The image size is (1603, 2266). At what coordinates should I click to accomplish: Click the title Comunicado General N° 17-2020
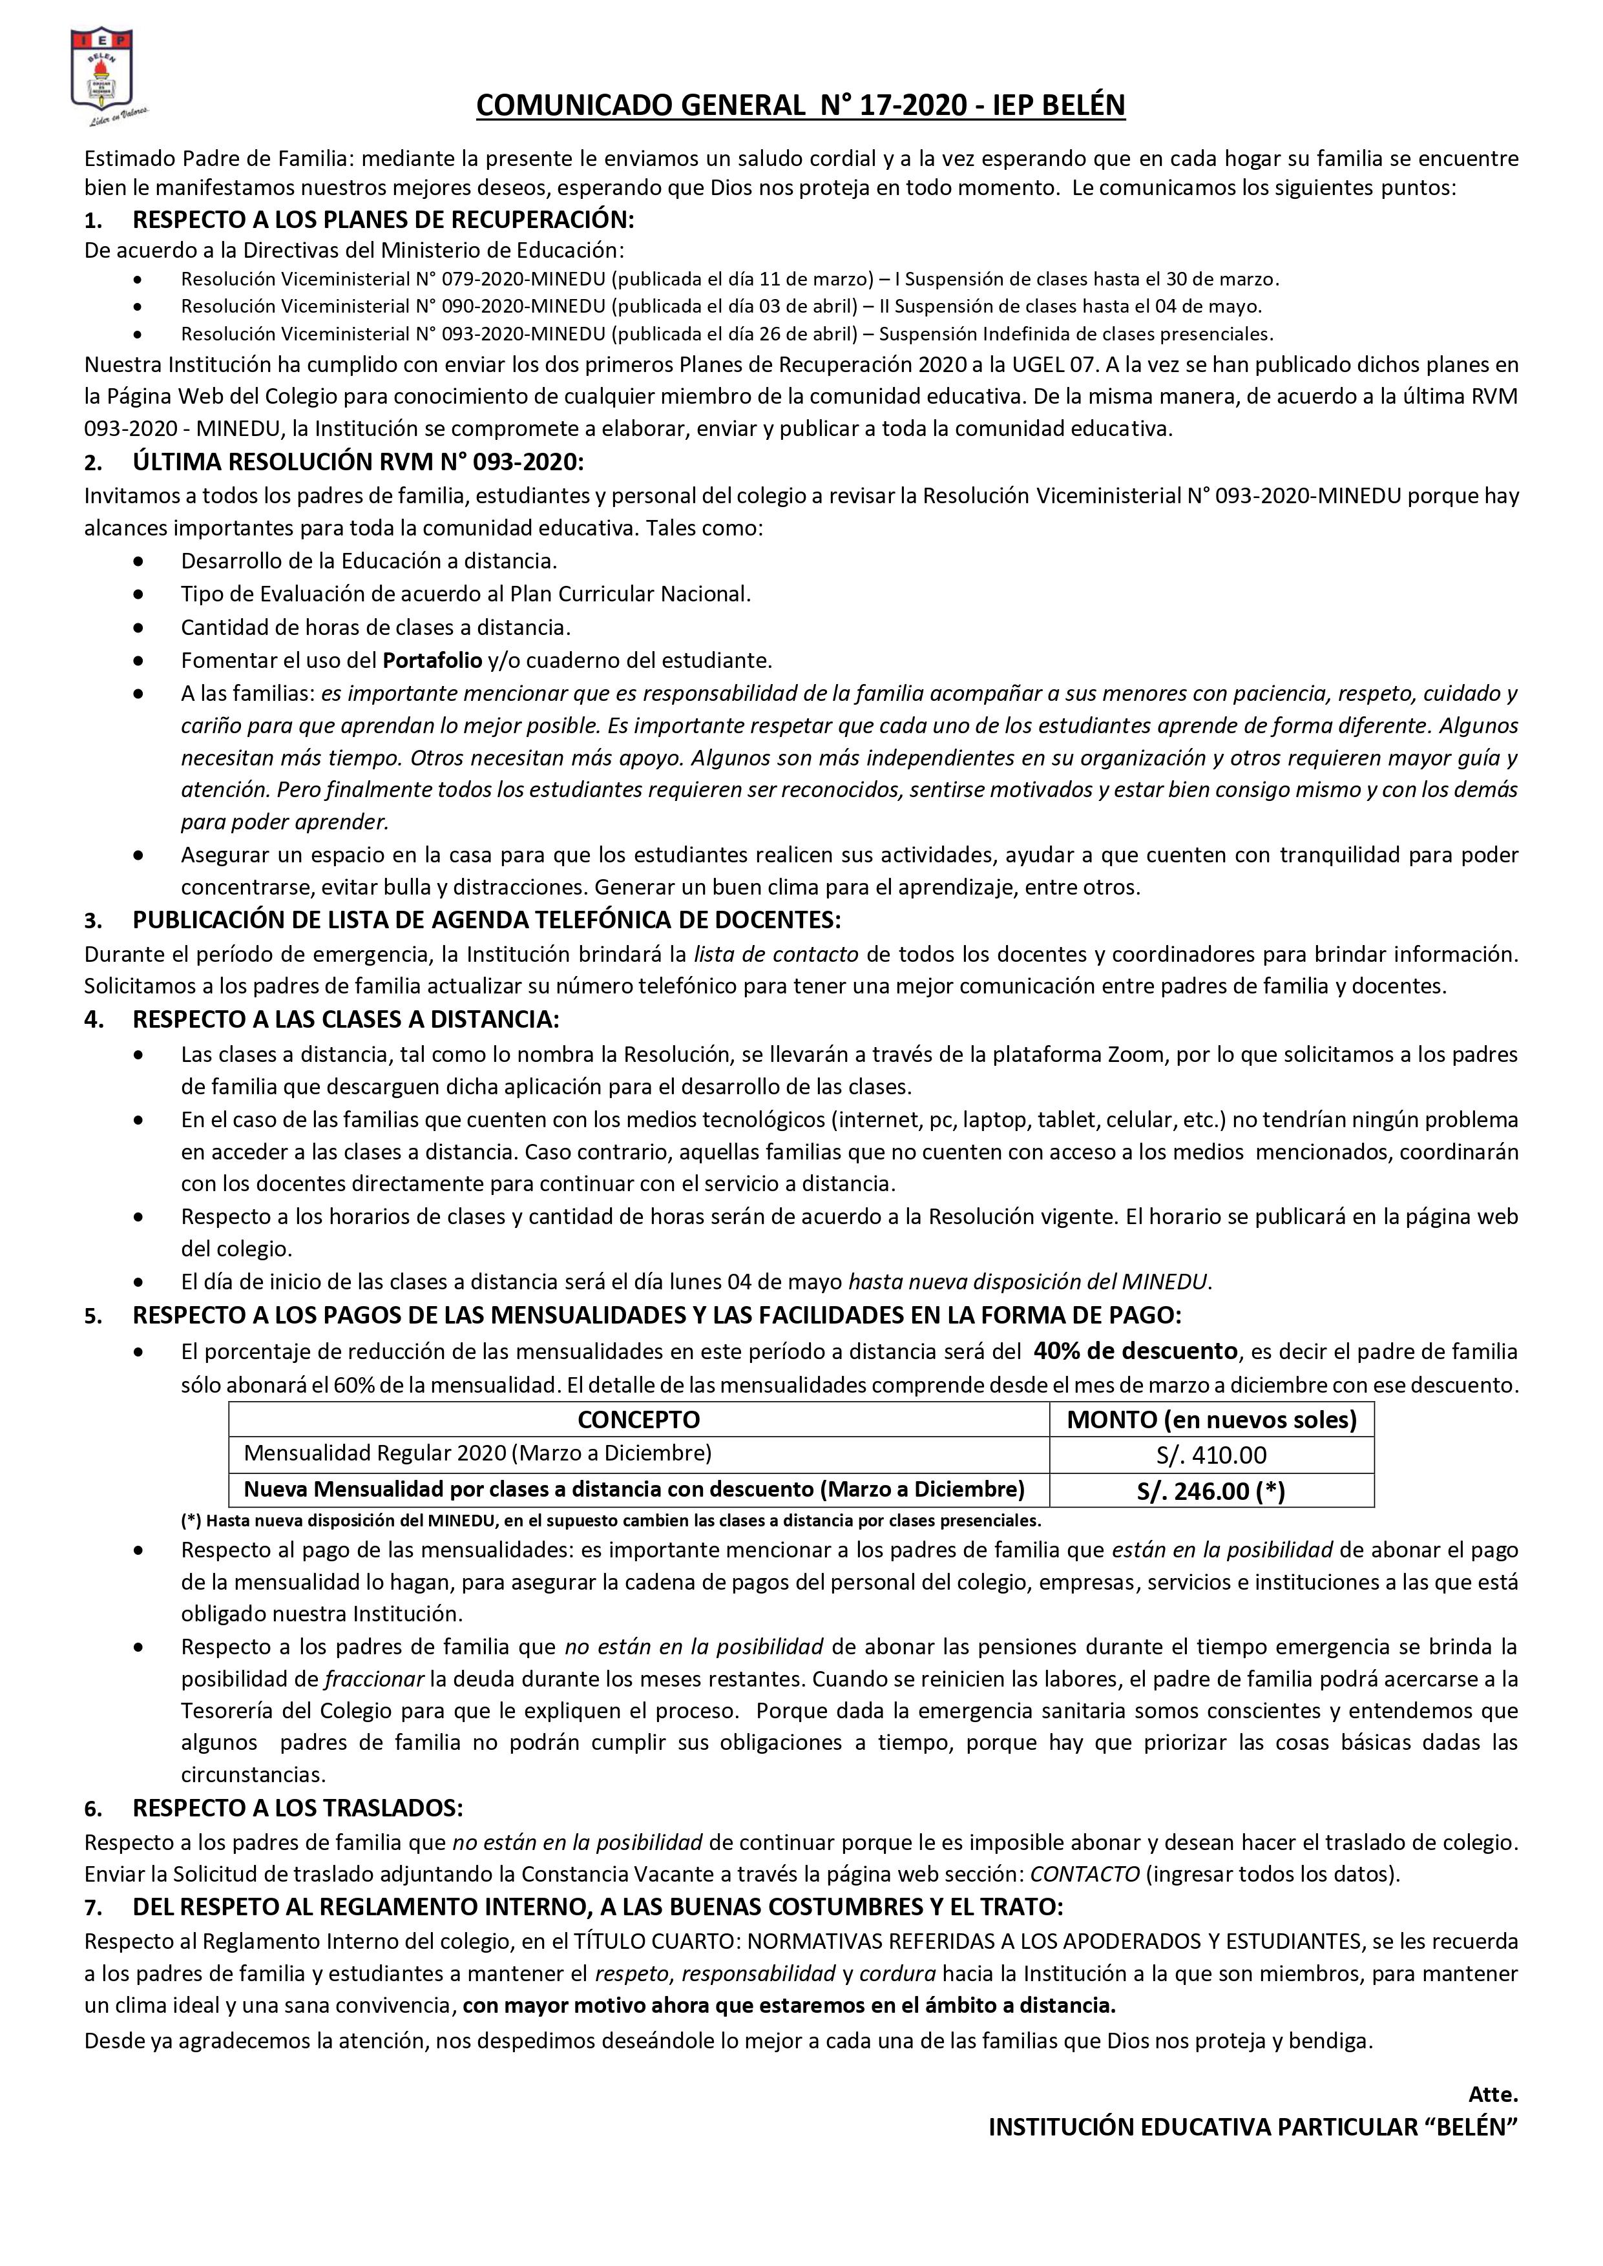(801, 105)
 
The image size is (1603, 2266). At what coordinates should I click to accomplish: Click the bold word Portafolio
(432, 660)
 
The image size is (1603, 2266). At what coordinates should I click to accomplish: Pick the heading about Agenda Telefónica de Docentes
(487, 920)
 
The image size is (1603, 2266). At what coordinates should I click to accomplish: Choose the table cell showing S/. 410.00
(1211, 1455)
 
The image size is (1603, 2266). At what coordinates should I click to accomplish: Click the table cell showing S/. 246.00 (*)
(1211, 1490)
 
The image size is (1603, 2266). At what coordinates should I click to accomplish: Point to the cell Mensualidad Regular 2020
(477, 1453)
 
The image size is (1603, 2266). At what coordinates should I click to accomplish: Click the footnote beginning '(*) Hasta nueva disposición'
(610, 1521)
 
